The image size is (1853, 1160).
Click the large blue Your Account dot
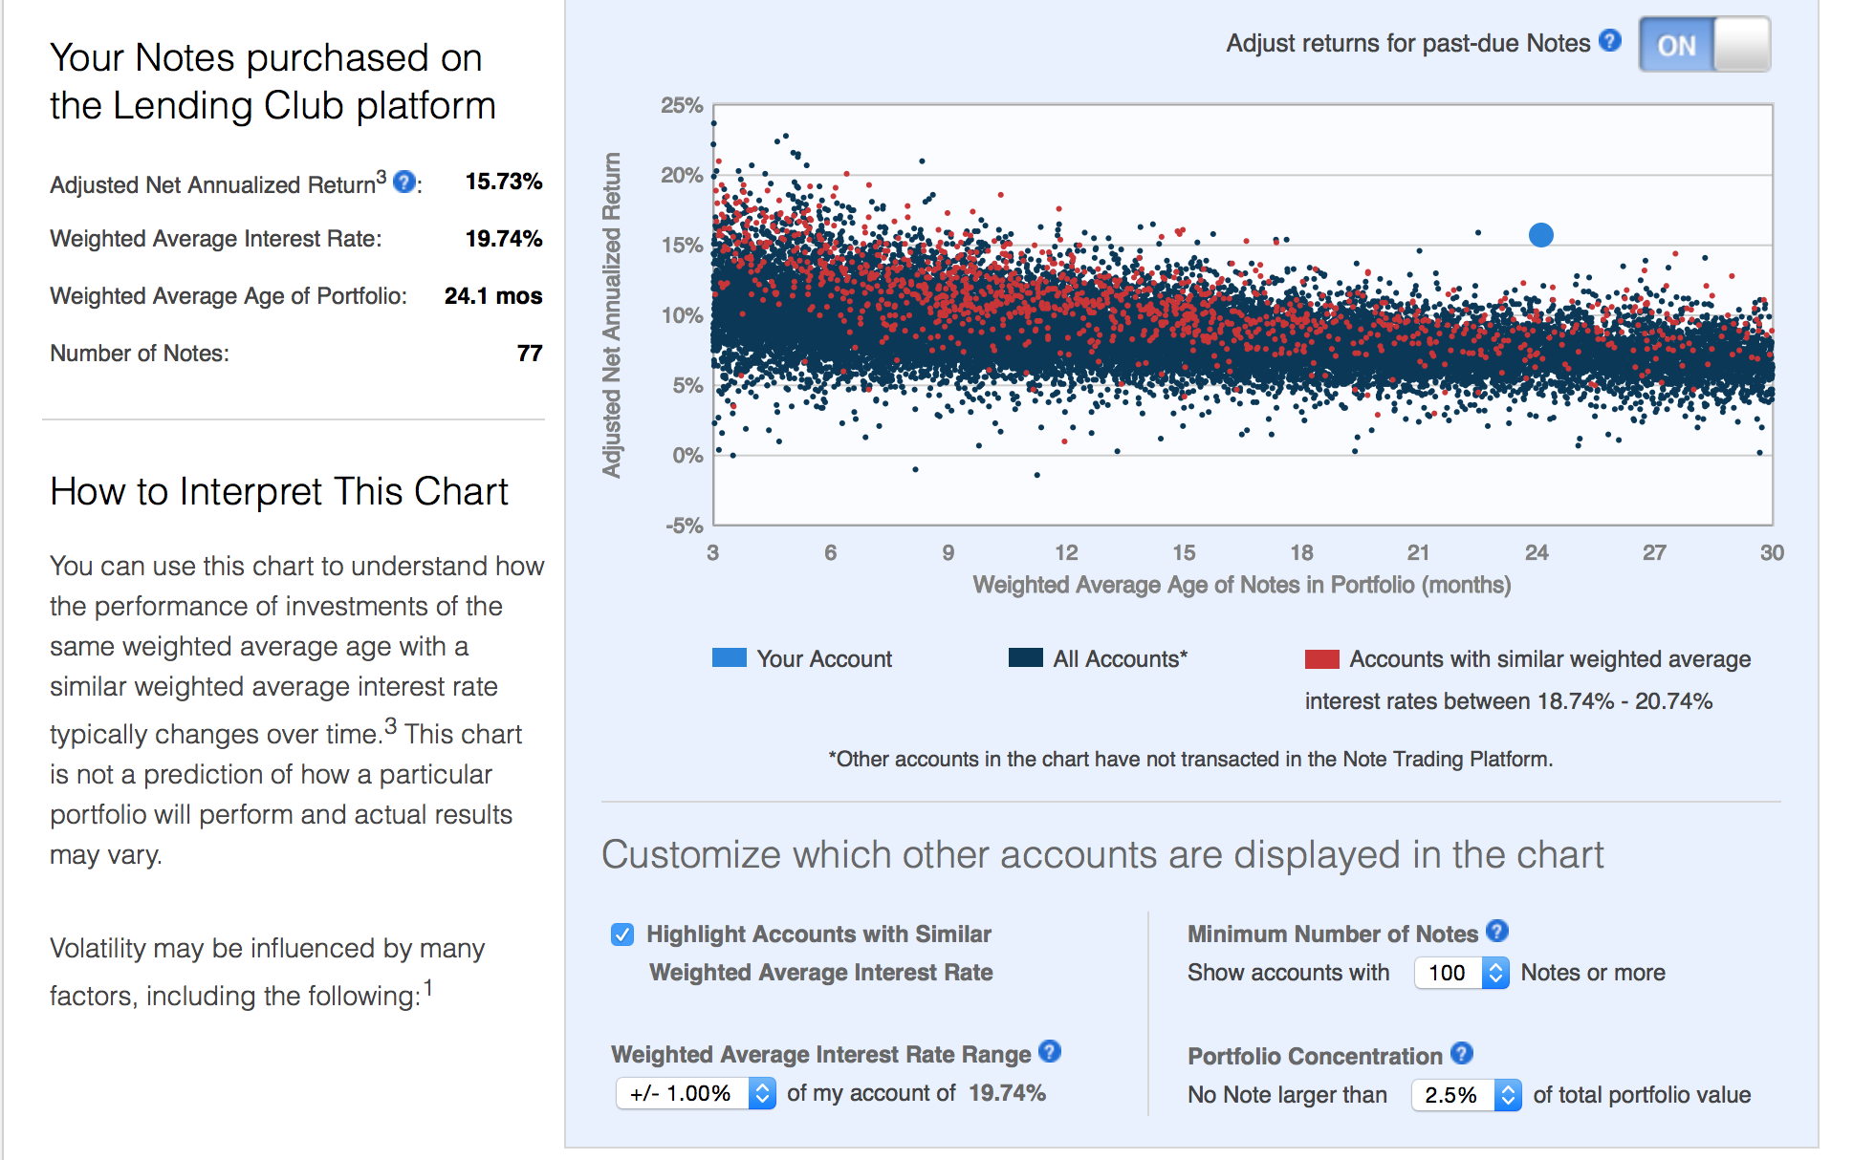(1540, 235)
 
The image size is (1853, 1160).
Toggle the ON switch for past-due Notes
(1704, 45)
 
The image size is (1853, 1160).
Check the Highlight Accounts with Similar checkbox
(622, 934)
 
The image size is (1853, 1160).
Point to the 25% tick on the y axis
(682, 105)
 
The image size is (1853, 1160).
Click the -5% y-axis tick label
(684, 526)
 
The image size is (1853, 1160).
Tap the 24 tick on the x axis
(1537, 552)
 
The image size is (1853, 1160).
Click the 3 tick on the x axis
(712, 552)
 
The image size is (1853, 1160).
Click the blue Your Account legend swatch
(729, 658)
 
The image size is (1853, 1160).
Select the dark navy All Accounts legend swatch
(1025, 658)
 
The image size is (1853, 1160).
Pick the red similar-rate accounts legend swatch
(1321, 659)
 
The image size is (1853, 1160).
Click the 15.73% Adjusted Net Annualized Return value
(504, 182)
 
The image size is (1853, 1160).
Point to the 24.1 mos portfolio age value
(492, 296)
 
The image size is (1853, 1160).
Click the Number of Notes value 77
(530, 354)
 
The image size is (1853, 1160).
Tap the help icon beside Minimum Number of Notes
(1497, 931)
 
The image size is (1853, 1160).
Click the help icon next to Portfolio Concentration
(1461, 1053)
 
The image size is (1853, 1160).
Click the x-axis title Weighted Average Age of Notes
(1241, 585)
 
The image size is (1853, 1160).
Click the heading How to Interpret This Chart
(279, 492)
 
